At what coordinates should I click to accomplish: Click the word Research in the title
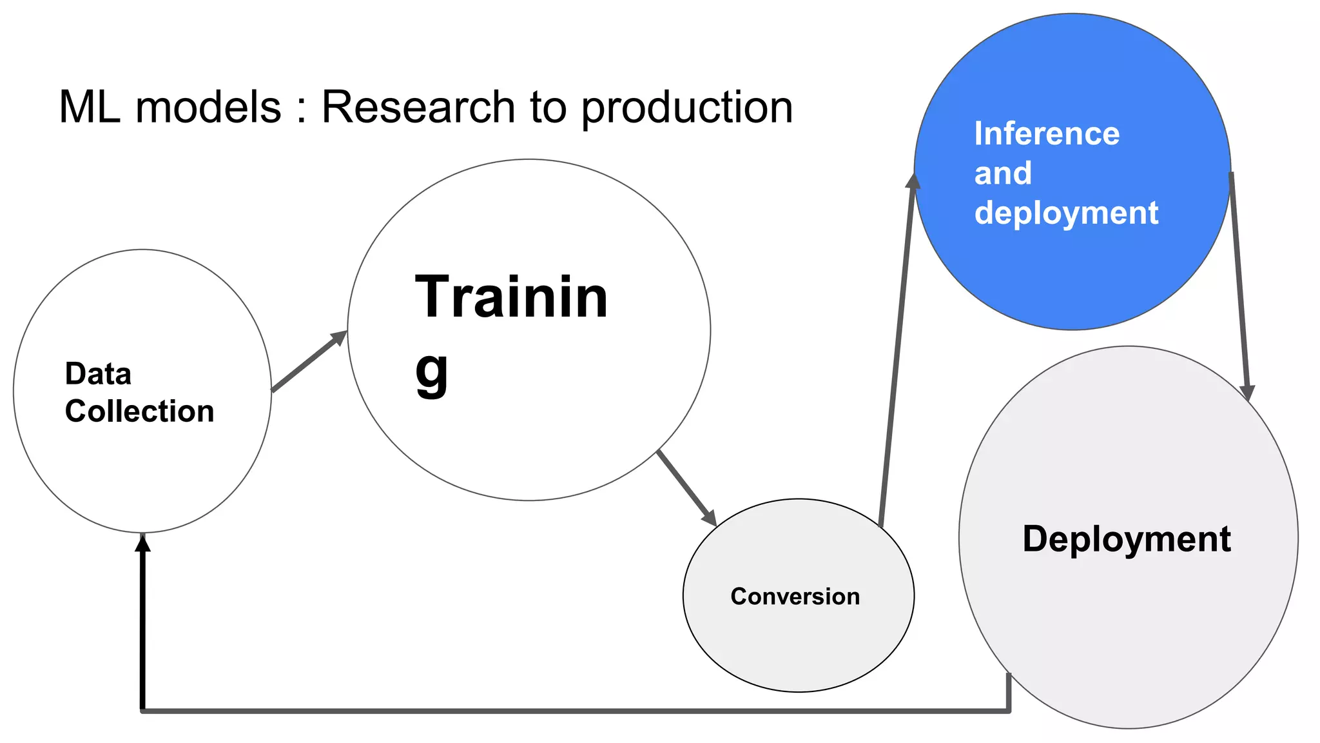(x=418, y=107)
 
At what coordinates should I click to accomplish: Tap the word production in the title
(x=687, y=108)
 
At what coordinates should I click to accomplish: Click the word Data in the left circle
(x=98, y=374)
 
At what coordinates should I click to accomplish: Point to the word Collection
(x=139, y=411)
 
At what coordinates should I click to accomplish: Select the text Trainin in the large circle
(x=511, y=297)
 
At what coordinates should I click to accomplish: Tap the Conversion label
(x=795, y=597)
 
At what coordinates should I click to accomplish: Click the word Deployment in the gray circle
(x=1126, y=539)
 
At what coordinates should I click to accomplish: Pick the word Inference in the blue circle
(x=1047, y=134)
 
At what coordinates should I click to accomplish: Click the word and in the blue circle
(x=1003, y=173)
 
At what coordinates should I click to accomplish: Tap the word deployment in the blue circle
(x=1066, y=213)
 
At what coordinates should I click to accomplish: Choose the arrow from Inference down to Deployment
(x=1239, y=284)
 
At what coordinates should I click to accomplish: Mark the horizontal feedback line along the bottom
(x=574, y=710)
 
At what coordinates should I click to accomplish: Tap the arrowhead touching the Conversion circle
(x=710, y=517)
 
